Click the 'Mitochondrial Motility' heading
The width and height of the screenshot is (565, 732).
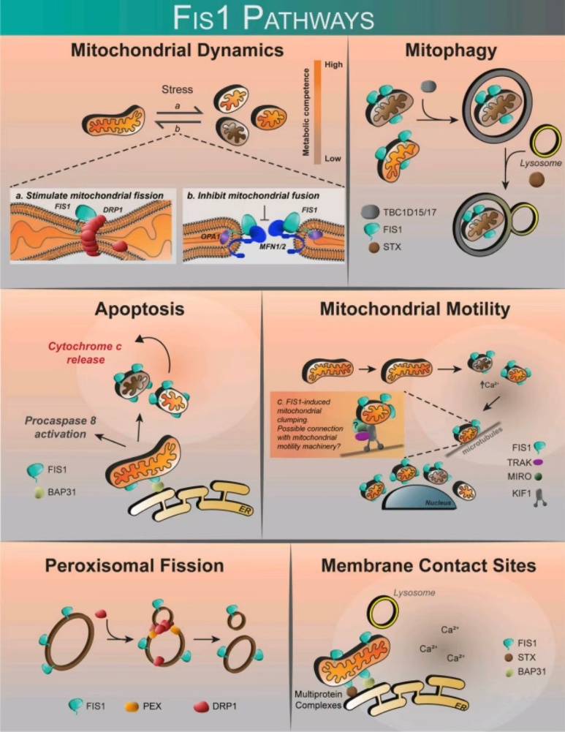click(x=414, y=310)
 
